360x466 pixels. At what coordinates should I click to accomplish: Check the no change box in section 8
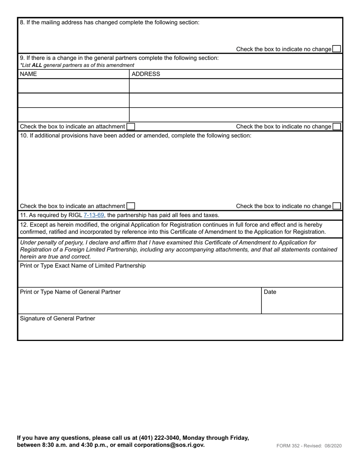click(x=337, y=49)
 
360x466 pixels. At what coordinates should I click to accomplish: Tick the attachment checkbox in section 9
click(x=130, y=127)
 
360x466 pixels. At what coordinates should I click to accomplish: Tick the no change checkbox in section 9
click(x=337, y=127)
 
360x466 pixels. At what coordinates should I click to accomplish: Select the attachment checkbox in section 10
click(x=131, y=206)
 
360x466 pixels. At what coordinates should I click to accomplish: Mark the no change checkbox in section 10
click(x=337, y=206)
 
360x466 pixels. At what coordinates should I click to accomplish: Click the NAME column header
click(x=28, y=74)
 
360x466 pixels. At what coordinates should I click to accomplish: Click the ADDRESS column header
click(x=146, y=74)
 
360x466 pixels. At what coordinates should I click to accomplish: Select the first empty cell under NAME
click(x=74, y=86)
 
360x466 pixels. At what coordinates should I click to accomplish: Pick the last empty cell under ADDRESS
click(x=235, y=114)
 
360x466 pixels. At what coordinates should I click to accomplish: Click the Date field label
click(x=270, y=292)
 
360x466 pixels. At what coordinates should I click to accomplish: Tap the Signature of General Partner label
click(x=58, y=319)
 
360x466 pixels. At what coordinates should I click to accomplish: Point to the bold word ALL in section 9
click(x=37, y=65)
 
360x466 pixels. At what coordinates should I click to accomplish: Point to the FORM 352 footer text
click(x=290, y=446)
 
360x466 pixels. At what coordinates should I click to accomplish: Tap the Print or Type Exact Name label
click(x=83, y=266)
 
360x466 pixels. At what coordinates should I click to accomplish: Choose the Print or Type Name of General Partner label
click(x=70, y=292)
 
